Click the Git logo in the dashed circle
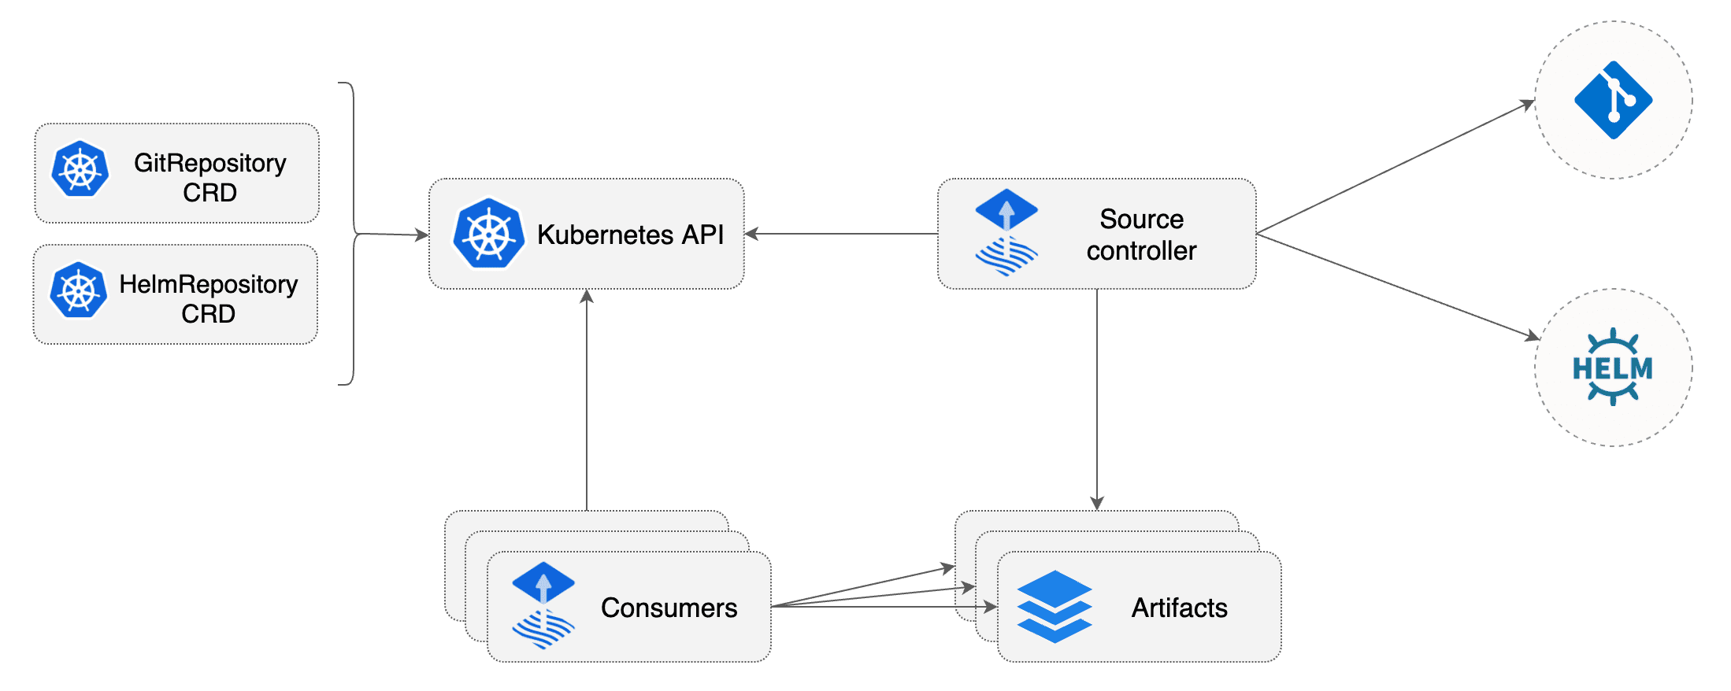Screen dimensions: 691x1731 click(1613, 100)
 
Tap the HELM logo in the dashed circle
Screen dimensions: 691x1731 click(1613, 367)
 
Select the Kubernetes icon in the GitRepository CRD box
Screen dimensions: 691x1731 click(80, 169)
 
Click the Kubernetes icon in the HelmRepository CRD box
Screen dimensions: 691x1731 click(78, 290)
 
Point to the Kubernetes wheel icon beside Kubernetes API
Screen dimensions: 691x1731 click(488, 233)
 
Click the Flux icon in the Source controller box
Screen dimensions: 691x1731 click(1006, 232)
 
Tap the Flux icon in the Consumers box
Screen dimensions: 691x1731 click(543, 605)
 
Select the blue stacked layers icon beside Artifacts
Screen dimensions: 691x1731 click(1055, 606)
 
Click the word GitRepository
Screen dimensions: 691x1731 click(209, 163)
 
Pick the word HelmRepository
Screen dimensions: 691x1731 click(208, 284)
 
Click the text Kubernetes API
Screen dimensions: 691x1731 click(630, 235)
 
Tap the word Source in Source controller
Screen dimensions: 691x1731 click(1141, 219)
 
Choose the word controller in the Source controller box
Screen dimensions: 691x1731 click(1141, 250)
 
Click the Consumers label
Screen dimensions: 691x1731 click(669, 608)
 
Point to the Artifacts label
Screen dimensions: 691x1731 click(1179, 608)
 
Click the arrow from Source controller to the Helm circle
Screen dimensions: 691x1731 click(1398, 286)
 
